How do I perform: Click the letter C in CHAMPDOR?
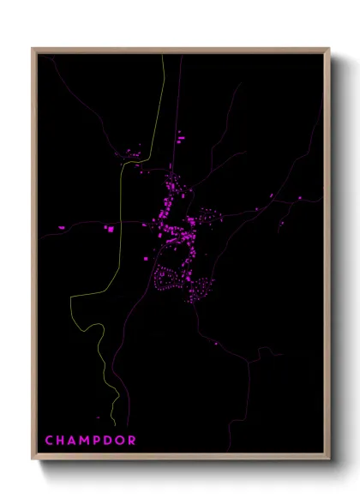pos(49,441)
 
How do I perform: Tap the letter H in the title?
pos(61,441)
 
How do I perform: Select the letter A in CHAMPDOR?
pos(73,441)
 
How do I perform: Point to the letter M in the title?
pos(86,441)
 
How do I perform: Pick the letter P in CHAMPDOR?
pos(99,441)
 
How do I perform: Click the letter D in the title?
pos(109,441)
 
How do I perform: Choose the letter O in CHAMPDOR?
pos(121,441)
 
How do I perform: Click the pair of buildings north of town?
pos(180,135)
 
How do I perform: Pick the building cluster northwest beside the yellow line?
pos(133,154)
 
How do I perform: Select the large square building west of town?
pos(110,229)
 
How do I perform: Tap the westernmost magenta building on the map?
pos(61,227)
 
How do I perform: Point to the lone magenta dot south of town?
pos(214,341)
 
